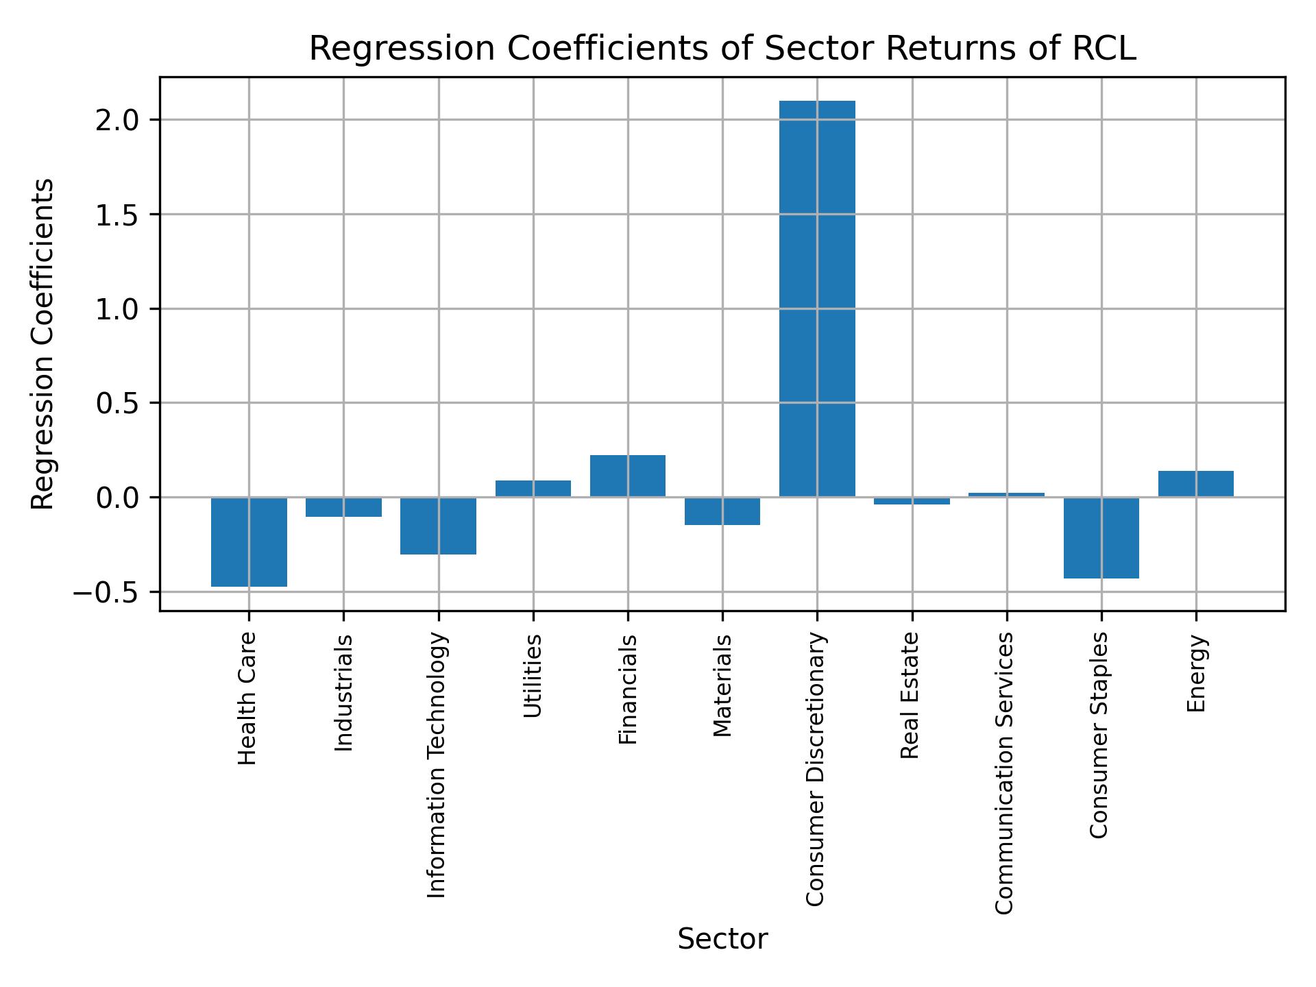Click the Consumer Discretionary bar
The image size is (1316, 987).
[817, 299]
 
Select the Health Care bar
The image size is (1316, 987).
[249, 541]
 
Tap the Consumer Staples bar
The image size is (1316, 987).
[1101, 537]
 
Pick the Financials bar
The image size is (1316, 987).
[627, 476]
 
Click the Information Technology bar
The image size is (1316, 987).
[438, 526]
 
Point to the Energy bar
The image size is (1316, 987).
[1195, 484]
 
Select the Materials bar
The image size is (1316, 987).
[722, 511]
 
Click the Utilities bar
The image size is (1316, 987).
[533, 489]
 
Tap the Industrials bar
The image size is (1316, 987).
[343, 507]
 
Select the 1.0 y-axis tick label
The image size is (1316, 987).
[118, 309]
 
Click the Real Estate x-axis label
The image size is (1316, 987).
[910, 696]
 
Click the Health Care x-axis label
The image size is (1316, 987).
[247, 698]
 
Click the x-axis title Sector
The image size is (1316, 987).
[722, 939]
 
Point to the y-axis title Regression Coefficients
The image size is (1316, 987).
[43, 343]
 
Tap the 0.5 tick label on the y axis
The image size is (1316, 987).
[118, 404]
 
